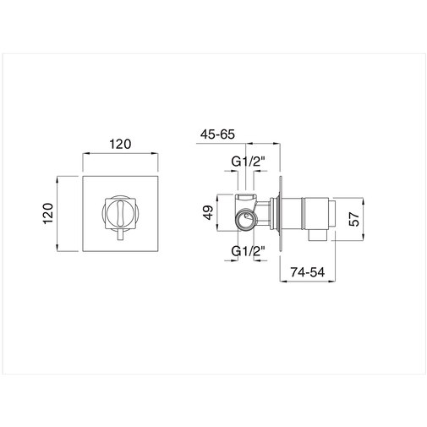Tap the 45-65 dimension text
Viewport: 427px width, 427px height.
point(219,133)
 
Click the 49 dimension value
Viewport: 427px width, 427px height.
point(208,214)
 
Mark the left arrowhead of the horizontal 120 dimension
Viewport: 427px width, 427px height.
point(85,154)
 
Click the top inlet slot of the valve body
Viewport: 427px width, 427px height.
point(246,196)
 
